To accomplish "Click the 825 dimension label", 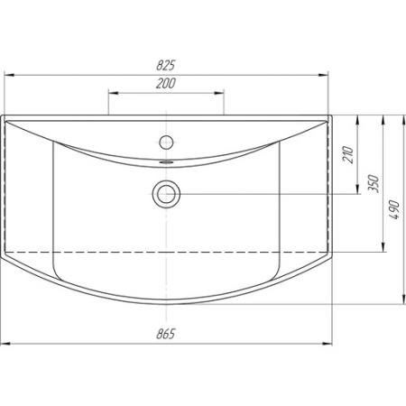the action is tap(165, 65).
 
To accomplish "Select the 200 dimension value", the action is tap(166, 83).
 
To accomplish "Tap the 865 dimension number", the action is tap(165, 334).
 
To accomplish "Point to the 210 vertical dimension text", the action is tap(348, 154).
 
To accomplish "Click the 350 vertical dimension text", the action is tap(374, 183).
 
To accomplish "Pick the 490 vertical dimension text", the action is tap(394, 209).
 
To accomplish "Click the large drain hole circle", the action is tap(166, 194).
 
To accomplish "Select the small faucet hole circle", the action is tap(166, 142).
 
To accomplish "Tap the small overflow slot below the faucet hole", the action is tap(166, 161).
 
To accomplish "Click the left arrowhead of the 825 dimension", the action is tap(9, 75).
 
